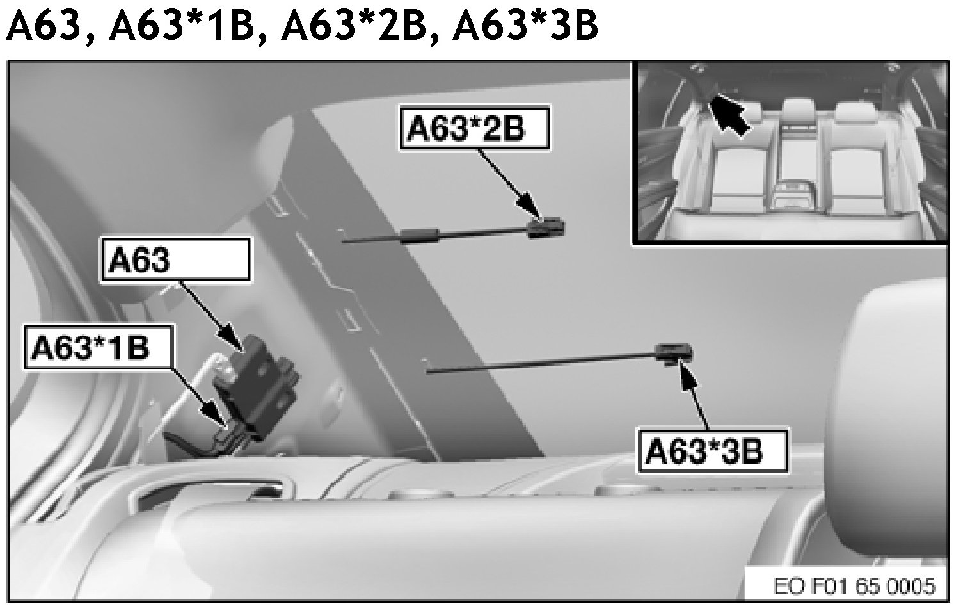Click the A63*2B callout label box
pos(475,129)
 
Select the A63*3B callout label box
pos(712,451)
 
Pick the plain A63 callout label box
pos(175,259)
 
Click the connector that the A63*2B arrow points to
pos(546,227)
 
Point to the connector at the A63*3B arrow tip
pos(674,353)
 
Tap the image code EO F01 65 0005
pos(854,585)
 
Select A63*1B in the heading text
pos(180,26)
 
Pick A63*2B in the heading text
pos(353,26)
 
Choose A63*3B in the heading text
pos(525,26)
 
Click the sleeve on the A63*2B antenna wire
pos(420,236)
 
